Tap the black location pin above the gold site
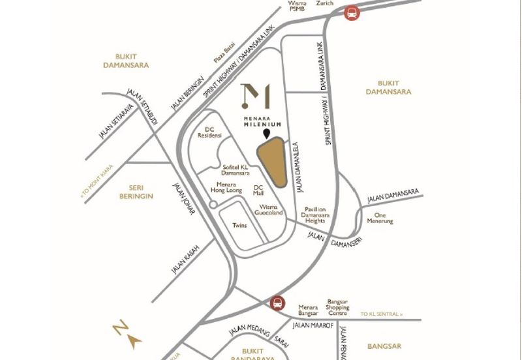pyautogui.click(x=266, y=134)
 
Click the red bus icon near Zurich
pyautogui.click(x=352, y=12)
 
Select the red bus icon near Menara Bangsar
pyautogui.click(x=277, y=303)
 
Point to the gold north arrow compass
pyautogui.click(x=127, y=333)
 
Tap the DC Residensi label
pyautogui.click(x=213, y=132)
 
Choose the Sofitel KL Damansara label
pyautogui.click(x=236, y=170)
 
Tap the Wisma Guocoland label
pyautogui.click(x=268, y=209)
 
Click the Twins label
pyautogui.click(x=239, y=226)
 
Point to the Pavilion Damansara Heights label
pyautogui.click(x=316, y=216)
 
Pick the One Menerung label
pyautogui.click(x=380, y=218)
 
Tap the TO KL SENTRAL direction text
pyautogui.click(x=382, y=314)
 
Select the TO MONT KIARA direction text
pyautogui.click(x=97, y=181)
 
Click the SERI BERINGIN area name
pyautogui.click(x=136, y=192)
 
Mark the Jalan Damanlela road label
pyautogui.click(x=300, y=168)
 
